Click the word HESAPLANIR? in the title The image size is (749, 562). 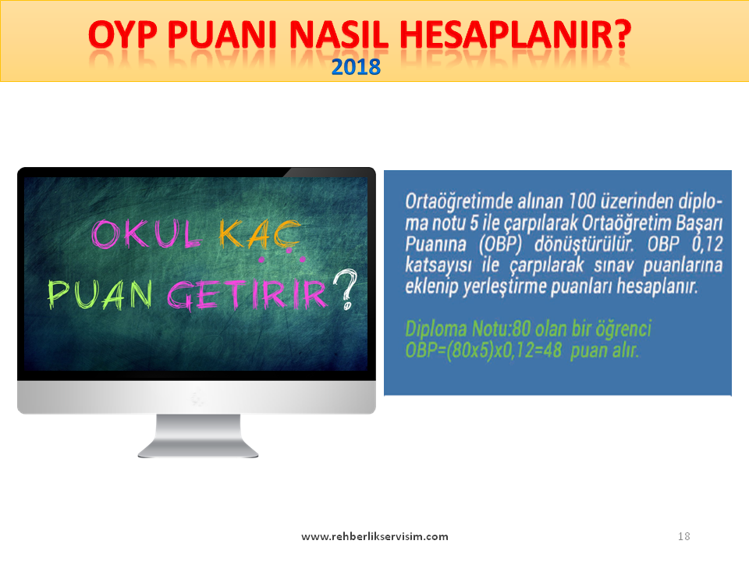516,34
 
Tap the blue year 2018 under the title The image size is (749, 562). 356,67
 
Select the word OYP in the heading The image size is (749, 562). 122,34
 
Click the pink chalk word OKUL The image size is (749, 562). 146,234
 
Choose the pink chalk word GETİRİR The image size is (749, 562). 247,293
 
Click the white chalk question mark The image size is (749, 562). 345,290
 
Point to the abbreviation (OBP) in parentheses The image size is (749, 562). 501,244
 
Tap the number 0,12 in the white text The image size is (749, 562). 708,244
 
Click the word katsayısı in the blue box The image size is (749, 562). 438,265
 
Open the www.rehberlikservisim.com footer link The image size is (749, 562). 375,536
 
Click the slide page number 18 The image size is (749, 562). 684,536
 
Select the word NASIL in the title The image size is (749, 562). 339,34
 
